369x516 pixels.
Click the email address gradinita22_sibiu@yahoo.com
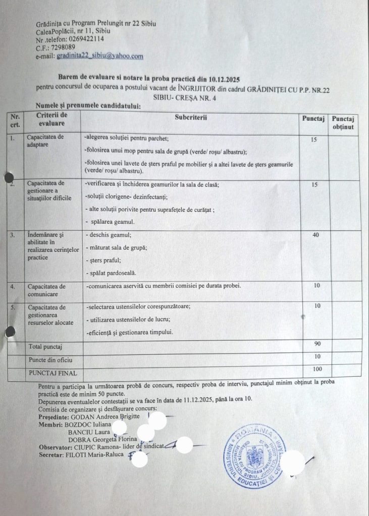tap(100, 56)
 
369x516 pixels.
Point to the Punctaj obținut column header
tap(343, 122)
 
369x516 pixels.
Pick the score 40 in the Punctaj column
tap(315, 235)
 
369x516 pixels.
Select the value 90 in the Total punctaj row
tap(318, 344)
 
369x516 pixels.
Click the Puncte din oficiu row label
tap(50, 360)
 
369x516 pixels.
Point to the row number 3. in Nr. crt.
tap(12, 235)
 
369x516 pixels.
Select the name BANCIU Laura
tap(86, 432)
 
